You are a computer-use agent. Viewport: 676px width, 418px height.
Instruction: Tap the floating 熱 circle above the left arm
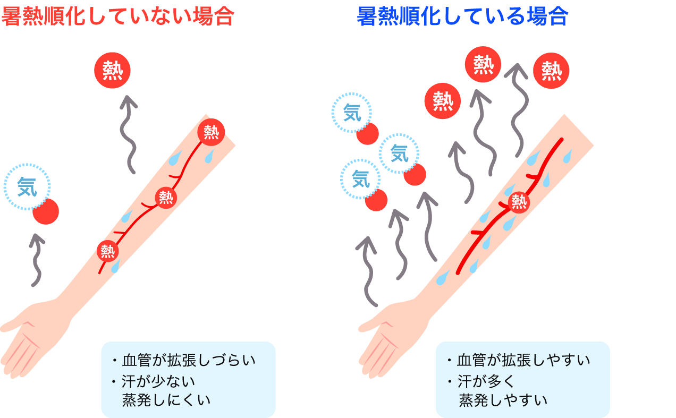click(112, 71)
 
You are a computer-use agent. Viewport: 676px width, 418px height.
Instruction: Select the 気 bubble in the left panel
click(27, 186)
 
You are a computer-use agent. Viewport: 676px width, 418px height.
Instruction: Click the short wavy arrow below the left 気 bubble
click(36, 260)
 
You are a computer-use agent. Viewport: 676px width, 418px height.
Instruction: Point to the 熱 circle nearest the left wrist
click(108, 251)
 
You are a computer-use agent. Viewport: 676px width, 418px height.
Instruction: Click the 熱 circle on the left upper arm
click(211, 131)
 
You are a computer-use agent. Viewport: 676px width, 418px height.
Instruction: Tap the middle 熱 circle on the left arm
click(166, 198)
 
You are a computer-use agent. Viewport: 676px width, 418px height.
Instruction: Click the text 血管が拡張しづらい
click(189, 361)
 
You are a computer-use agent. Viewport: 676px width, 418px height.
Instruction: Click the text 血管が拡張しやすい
click(523, 361)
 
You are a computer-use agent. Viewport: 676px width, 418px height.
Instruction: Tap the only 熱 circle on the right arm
click(519, 202)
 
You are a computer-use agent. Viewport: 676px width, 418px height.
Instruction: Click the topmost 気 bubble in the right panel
click(352, 113)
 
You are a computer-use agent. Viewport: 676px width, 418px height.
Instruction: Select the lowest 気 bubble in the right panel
click(360, 179)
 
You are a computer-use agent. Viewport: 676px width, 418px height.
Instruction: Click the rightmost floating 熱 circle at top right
click(551, 71)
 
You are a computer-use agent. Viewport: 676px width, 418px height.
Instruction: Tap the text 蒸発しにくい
click(166, 399)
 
